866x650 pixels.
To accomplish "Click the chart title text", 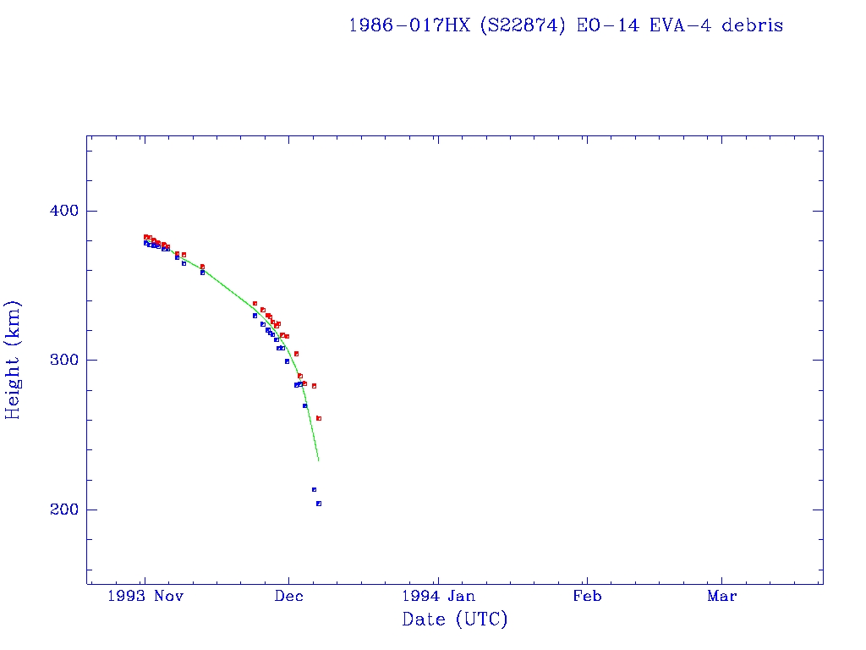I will [x=566, y=25].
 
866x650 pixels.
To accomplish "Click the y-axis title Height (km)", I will [x=13, y=360].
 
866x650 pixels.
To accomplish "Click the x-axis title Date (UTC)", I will [x=455, y=620].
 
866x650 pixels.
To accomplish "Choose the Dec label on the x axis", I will [x=288, y=596].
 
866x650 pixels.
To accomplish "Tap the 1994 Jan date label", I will [x=437, y=596].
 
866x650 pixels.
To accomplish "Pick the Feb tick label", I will [x=587, y=596].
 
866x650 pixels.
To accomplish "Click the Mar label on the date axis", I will [x=722, y=596].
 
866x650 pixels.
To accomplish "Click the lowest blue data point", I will [x=319, y=504].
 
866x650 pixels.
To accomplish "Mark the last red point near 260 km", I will [x=319, y=418].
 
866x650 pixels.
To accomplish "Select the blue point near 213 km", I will [x=314, y=489].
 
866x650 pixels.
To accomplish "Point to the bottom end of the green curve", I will [x=318, y=460].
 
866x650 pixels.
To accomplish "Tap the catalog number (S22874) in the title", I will [x=523, y=25].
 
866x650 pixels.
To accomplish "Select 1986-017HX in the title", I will [x=409, y=25].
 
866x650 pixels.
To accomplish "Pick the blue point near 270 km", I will [x=305, y=405].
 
